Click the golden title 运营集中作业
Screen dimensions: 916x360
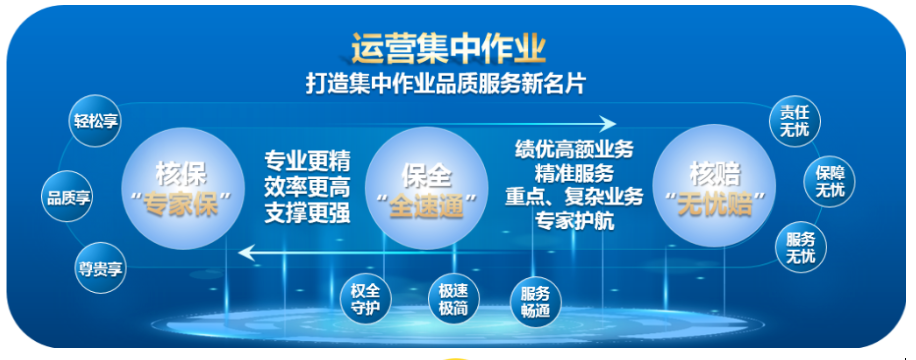point(448,49)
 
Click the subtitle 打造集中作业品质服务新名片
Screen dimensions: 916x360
point(445,83)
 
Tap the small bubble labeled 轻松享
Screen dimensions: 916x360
point(95,121)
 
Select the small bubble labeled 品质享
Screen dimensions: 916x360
point(68,196)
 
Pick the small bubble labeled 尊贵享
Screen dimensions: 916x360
point(100,268)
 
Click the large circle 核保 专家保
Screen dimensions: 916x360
point(184,189)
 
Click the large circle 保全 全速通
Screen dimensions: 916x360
point(426,189)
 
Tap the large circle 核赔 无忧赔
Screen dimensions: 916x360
point(714,189)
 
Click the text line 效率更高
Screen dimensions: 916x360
point(307,187)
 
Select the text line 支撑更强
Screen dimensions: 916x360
point(307,214)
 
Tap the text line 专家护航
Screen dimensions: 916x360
point(575,221)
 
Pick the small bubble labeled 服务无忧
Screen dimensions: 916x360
point(801,247)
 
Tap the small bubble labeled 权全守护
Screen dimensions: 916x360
point(366,299)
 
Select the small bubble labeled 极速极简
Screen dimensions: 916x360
point(453,299)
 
